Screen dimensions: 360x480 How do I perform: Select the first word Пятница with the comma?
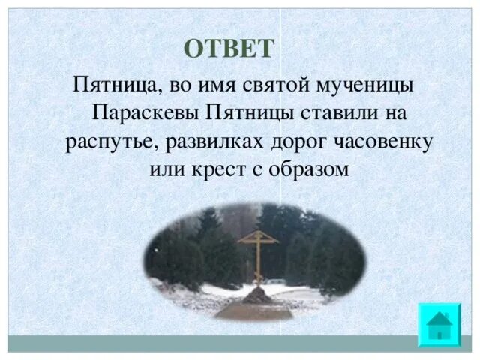coord(114,84)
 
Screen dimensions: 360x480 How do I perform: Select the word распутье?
coord(103,142)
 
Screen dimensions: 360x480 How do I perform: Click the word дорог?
coord(283,142)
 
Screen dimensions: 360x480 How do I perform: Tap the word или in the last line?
coord(164,169)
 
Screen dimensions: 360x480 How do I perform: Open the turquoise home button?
coord(439,323)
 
